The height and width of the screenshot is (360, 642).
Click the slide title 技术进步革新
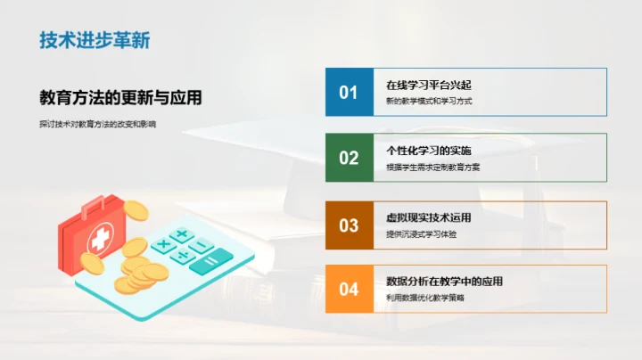[x=95, y=40]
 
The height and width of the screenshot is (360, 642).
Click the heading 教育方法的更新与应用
[x=119, y=97]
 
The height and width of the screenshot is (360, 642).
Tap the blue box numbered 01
[x=349, y=92]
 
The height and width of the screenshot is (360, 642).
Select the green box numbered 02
[x=349, y=158]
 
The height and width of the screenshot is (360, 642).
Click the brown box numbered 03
[x=349, y=224]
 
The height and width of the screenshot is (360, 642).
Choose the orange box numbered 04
[x=349, y=289]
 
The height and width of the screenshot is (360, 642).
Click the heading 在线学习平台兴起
[x=428, y=85]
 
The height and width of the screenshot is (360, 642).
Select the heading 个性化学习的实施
[x=429, y=151]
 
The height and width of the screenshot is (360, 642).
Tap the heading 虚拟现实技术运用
[x=429, y=217]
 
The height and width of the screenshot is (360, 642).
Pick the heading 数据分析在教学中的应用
[x=444, y=282]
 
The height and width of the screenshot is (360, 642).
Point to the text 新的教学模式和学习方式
[x=429, y=101]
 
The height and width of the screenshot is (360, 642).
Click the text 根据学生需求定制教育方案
[x=433, y=167]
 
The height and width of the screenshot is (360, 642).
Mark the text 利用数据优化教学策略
[x=425, y=298]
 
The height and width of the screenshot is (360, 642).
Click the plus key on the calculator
[x=181, y=234]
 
